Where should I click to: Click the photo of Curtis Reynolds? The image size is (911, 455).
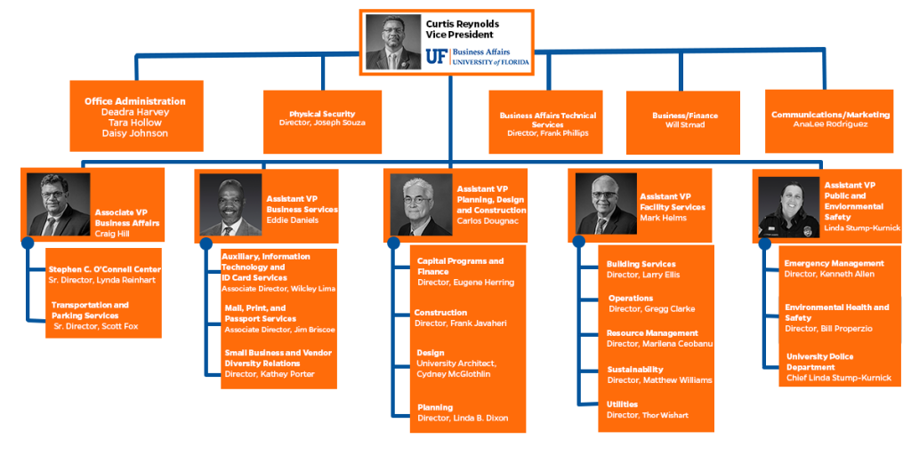click(x=392, y=41)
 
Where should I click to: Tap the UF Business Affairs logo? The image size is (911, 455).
click(x=477, y=58)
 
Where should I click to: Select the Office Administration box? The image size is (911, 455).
click(x=135, y=116)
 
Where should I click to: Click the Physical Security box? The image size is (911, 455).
click(x=322, y=122)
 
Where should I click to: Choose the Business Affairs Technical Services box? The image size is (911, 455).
click(x=547, y=124)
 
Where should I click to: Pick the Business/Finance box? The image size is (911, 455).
click(x=684, y=123)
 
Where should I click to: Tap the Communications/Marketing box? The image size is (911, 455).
click(x=830, y=120)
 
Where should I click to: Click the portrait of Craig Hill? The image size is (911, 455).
click(x=58, y=204)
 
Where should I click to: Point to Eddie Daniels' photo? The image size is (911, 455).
click(x=230, y=205)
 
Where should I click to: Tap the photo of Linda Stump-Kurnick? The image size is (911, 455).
click(x=787, y=206)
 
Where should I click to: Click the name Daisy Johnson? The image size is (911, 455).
click(x=135, y=134)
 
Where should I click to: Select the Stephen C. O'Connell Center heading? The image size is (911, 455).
click(x=105, y=268)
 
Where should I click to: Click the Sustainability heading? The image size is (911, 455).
click(x=634, y=369)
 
